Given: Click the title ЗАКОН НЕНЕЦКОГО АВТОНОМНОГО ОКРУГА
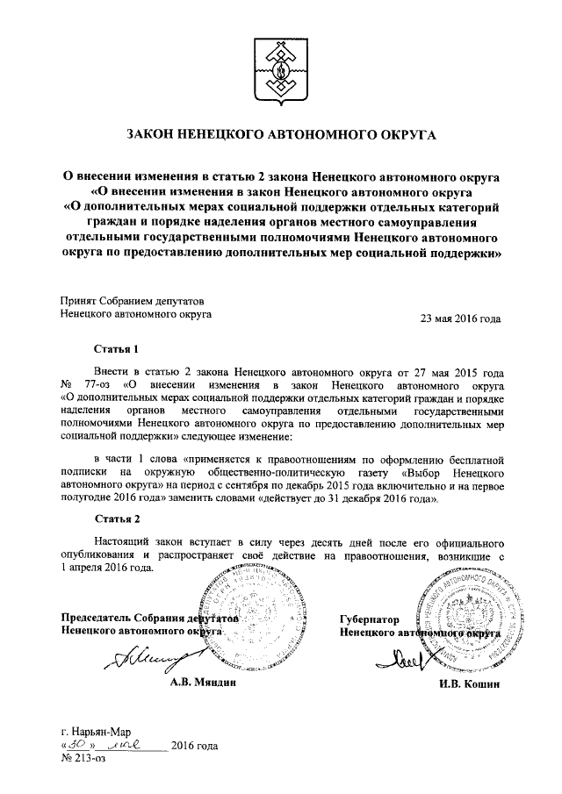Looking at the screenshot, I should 280,135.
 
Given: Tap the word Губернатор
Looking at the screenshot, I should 370,618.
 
